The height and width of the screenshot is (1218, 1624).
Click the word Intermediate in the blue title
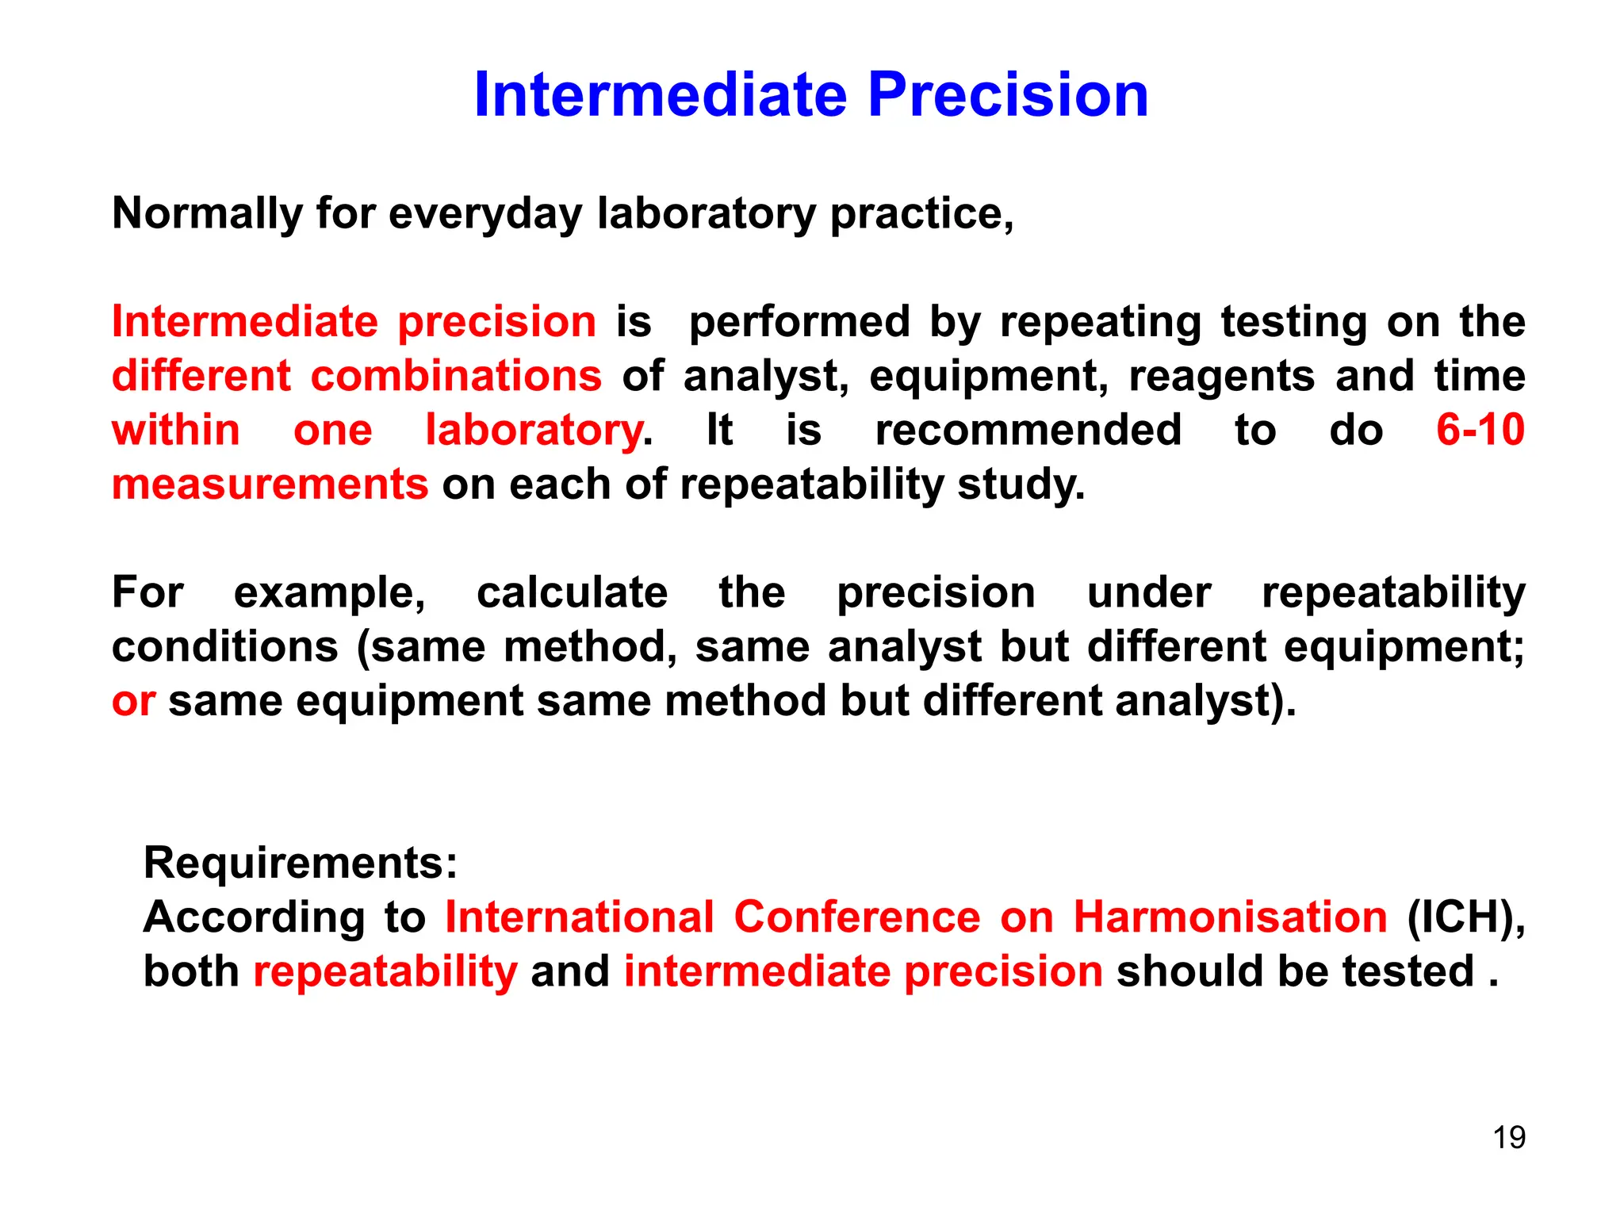click(660, 95)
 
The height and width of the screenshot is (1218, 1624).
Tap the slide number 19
click(1509, 1137)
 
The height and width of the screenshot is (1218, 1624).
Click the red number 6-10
click(1480, 431)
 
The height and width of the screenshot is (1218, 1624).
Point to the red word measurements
click(270, 485)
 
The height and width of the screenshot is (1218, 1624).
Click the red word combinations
click(456, 377)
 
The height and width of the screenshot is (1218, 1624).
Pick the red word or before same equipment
click(132, 702)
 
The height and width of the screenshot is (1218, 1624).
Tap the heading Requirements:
click(301, 863)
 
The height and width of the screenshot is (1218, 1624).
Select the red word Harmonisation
click(1230, 917)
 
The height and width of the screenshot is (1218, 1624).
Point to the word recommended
click(1028, 431)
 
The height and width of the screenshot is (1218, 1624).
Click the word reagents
click(1222, 377)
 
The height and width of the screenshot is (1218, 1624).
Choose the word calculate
click(572, 593)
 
